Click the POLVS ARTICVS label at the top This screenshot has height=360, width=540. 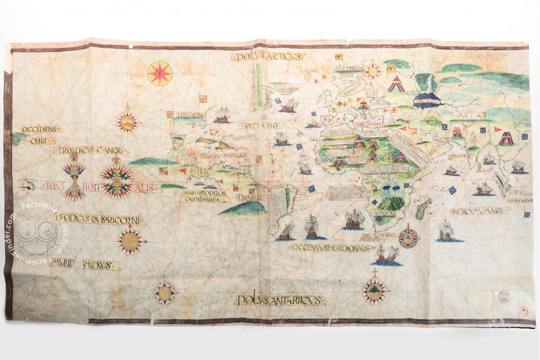268,57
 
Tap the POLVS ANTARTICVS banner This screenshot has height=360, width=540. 280,300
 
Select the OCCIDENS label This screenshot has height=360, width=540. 41,129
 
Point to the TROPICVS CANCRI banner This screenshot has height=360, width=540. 91,150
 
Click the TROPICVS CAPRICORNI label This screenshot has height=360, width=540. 100,219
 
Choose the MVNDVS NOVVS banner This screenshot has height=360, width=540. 85,265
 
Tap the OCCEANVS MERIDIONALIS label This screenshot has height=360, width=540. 332,247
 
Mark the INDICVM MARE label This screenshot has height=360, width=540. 479,211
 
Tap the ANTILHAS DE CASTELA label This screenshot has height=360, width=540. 223,156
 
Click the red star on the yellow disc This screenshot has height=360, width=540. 159,73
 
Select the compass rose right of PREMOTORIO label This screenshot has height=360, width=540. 408,238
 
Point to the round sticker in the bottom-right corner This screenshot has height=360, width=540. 504,296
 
